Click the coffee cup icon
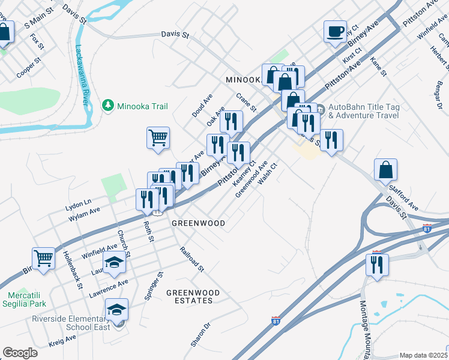335,31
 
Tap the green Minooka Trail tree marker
108,106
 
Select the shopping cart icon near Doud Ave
158,137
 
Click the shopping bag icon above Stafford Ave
385,170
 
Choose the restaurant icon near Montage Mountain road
377,265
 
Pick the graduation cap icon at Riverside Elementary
116,309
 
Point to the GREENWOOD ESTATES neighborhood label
193,297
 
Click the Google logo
20,353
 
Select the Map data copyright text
424,355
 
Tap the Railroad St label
193,259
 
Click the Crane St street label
246,103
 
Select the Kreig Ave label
62,341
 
